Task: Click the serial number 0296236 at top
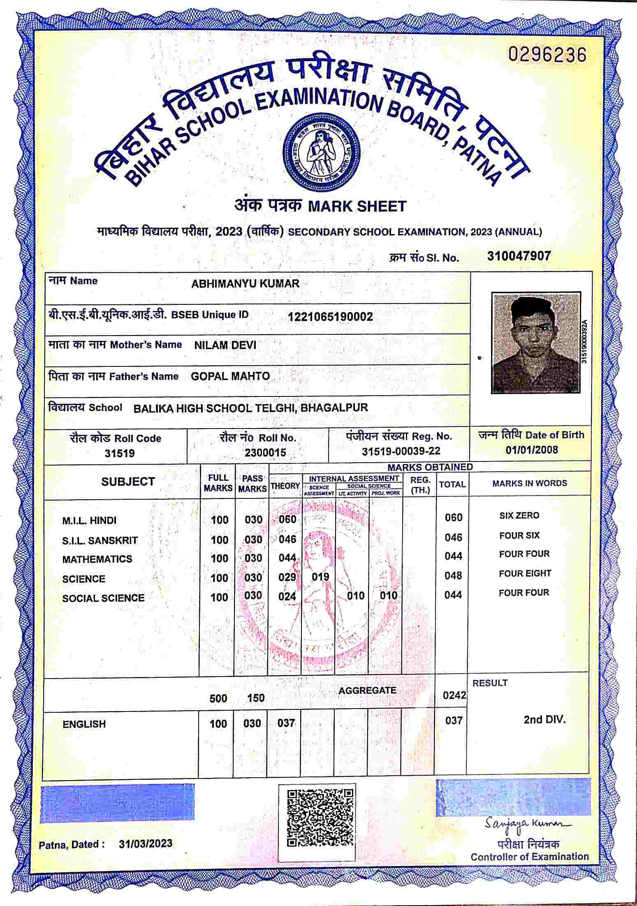[x=547, y=55]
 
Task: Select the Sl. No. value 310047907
[x=519, y=256]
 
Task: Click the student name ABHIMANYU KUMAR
[x=245, y=284]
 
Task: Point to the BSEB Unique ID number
[x=330, y=317]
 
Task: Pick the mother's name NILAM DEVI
[x=225, y=345]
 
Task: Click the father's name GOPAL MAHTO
[x=230, y=376]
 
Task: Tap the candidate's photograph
[x=536, y=342]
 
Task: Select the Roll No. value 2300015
[x=265, y=452]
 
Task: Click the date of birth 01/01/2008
[x=532, y=450]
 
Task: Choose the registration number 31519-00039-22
[x=401, y=451]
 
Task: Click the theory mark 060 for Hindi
[x=287, y=519]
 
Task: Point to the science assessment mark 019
[x=320, y=577]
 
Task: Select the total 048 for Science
[x=453, y=575]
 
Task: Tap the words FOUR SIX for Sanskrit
[x=519, y=535]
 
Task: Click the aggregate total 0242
[x=454, y=695]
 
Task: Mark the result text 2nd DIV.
[x=544, y=719]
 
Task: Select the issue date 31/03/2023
[x=146, y=843]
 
